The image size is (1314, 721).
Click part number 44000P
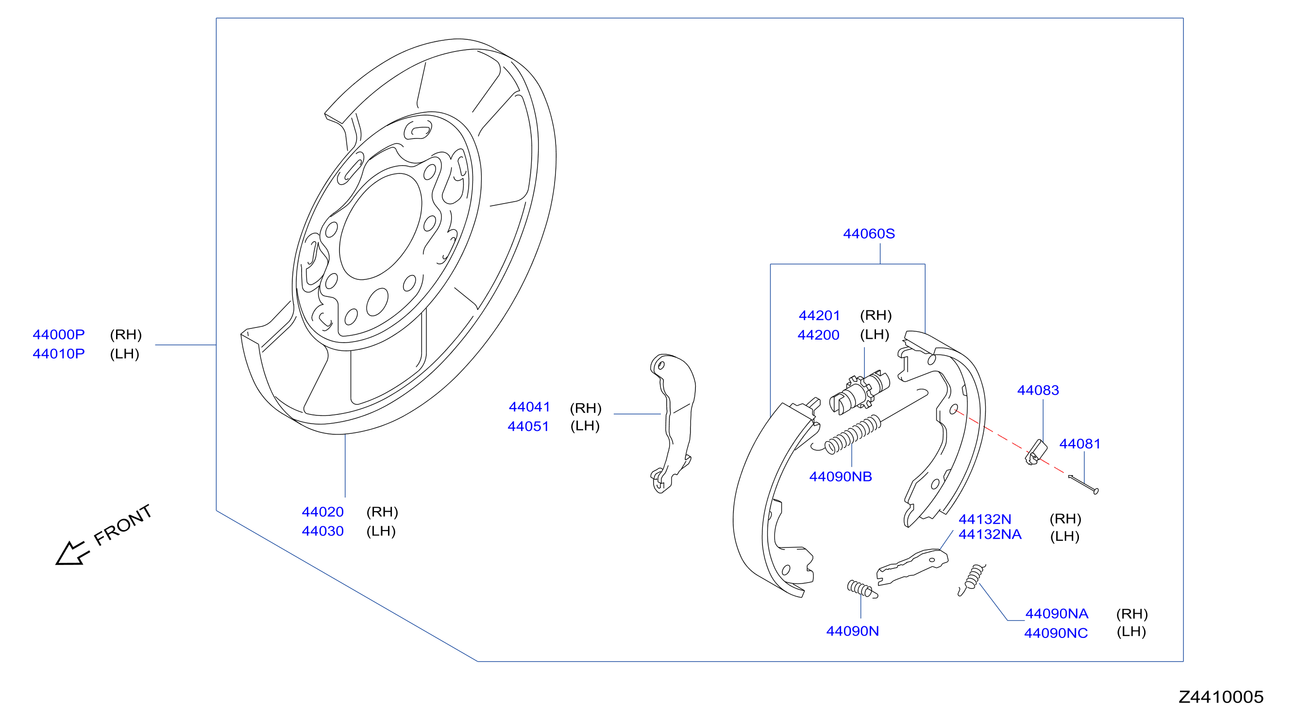click(x=59, y=335)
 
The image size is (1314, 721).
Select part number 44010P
click(x=59, y=354)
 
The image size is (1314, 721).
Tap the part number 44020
click(x=322, y=512)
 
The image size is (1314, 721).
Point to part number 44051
click(x=528, y=426)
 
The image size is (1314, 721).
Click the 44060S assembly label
click(x=869, y=234)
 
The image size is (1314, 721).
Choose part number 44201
click(x=819, y=315)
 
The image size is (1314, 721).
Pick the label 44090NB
click(x=840, y=477)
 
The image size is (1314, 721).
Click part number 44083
click(x=1038, y=390)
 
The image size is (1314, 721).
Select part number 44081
click(x=1079, y=444)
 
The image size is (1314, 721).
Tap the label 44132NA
click(x=990, y=534)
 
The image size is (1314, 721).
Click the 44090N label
click(x=852, y=631)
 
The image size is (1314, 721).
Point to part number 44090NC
click(x=1056, y=633)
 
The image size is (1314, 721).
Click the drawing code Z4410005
click(x=1221, y=697)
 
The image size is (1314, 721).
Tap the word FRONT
click(x=123, y=525)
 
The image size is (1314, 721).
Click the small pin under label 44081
click(x=1083, y=484)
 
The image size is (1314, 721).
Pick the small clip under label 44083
click(x=1036, y=453)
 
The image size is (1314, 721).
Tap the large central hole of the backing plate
click(x=381, y=226)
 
